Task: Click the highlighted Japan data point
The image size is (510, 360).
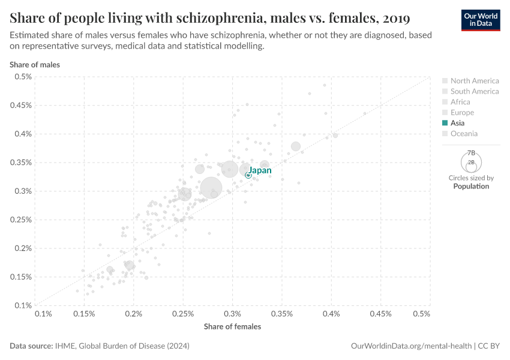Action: (248, 175)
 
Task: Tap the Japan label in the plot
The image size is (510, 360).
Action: (260, 170)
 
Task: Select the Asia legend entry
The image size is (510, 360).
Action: (457, 123)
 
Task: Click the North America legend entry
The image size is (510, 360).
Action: (474, 81)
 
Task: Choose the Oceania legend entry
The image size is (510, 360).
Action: (464, 134)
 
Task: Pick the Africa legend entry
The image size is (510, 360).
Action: (460, 102)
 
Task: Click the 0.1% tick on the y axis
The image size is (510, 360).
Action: (23, 305)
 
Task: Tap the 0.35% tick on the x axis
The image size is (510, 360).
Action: (281, 314)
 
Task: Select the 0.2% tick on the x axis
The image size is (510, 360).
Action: (134, 314)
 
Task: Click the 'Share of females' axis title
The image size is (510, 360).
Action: (232, 326)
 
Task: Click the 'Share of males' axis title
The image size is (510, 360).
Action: (34, 64)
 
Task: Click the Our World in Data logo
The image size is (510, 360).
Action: (481, 19)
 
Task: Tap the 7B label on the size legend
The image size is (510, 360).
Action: (471, 153)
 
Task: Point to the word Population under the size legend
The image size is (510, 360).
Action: (471, 186)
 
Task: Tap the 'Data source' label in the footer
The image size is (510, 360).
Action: (31, 346)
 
